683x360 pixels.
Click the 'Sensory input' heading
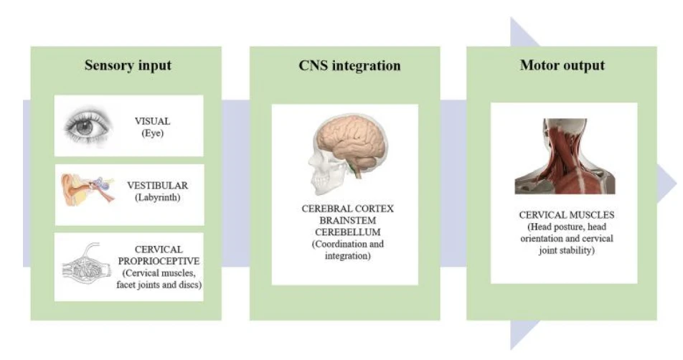pos(128,65)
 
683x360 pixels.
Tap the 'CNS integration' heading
pos(349,65)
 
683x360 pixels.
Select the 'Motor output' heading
pos(562,65)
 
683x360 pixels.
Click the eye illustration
pos(88,126)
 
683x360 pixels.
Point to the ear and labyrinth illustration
pos(87,189)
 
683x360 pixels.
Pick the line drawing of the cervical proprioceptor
pos(85,264)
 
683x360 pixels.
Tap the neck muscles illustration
pos(565,156)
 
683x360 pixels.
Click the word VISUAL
pos(152,121)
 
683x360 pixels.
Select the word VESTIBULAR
pos(157,186)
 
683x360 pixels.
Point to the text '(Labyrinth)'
pos(157,197)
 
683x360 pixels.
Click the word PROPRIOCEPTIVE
pos(159,261)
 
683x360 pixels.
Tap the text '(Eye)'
pos(152,133)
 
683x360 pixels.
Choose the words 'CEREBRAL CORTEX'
pos(347,209)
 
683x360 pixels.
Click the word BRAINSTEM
pos(347,220)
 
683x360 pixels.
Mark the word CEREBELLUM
pos(347,232)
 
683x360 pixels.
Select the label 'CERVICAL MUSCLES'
pos(566,215)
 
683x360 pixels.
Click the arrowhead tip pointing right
pos(677,184)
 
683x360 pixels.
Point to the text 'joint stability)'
pos(566,250)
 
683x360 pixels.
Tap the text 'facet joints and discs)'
pos(159,285)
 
